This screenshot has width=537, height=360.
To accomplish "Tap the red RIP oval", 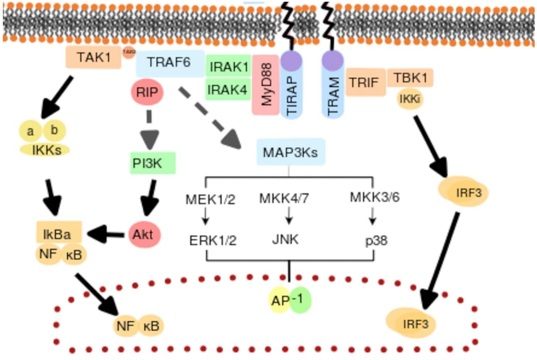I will click(x=147, y=93).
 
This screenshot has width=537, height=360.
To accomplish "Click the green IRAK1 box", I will click(x=228, y=66).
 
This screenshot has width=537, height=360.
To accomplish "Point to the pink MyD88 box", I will click(x=265, y=85).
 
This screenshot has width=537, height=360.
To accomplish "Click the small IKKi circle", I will click(x=410, y=99).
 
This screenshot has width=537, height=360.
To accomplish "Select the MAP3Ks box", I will click(x=290, y=152).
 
